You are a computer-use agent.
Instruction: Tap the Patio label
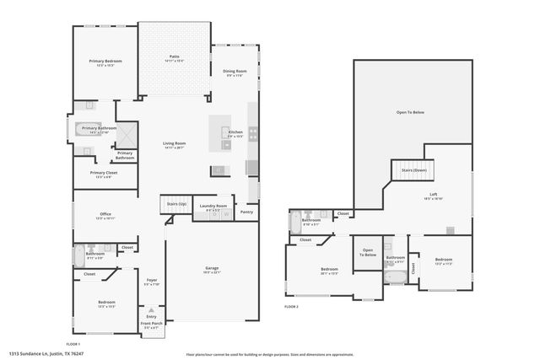point(174,57)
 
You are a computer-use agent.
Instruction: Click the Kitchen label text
point(235,132)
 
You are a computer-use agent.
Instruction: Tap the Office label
point(105,214)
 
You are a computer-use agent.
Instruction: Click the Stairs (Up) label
point(175,203)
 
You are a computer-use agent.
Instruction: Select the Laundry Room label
point(213,206)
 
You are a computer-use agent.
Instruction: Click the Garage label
point(212,268)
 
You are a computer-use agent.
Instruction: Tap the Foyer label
point(152,280)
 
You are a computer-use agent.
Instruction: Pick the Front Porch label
point(151,324)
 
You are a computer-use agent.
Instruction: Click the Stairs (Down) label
point(413,170)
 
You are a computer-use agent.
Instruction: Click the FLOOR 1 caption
point(73,344)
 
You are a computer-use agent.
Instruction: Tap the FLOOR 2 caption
point(291,306)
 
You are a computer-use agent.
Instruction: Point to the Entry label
point(151,316)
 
